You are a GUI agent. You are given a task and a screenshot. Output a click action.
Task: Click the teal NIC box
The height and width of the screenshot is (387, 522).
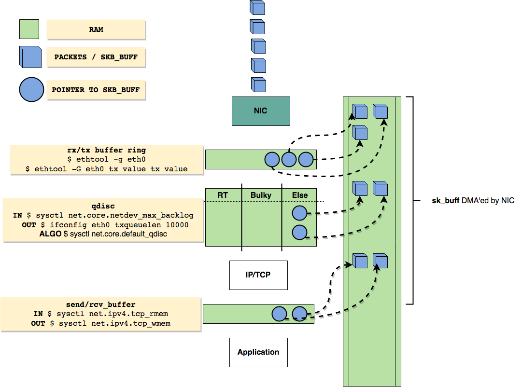click(261, 111)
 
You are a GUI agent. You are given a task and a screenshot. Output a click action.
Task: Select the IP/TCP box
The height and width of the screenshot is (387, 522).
click(258, 275)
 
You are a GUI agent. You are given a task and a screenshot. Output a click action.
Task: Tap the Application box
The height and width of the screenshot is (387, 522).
click(258, 352)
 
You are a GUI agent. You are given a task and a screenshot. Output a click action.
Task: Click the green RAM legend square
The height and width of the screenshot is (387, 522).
click(29, 29)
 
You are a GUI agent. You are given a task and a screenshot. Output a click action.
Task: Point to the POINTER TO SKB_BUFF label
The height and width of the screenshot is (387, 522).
click(96, 90)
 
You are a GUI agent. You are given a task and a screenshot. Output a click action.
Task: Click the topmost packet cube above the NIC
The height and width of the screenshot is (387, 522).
click(257, 7)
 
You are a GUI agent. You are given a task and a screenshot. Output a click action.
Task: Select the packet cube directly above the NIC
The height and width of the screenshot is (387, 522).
click(258, 84)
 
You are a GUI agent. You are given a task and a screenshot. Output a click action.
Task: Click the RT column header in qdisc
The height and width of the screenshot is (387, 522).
click(223, 195)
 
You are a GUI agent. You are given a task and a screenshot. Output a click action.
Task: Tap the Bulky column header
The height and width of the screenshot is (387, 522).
click(261, 195)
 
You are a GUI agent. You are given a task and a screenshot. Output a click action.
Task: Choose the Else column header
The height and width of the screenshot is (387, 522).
click(299, 195)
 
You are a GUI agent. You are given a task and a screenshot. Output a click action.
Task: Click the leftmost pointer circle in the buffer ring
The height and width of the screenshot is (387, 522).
click(272, 159)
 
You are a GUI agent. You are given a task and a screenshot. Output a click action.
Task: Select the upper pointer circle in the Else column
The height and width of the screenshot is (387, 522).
click(300, 213)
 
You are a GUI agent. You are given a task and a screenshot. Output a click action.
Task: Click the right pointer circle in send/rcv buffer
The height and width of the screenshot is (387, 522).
click(299, 314)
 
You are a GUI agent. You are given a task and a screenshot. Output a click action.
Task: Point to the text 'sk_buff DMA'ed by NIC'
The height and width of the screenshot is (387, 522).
click(473, 201)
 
